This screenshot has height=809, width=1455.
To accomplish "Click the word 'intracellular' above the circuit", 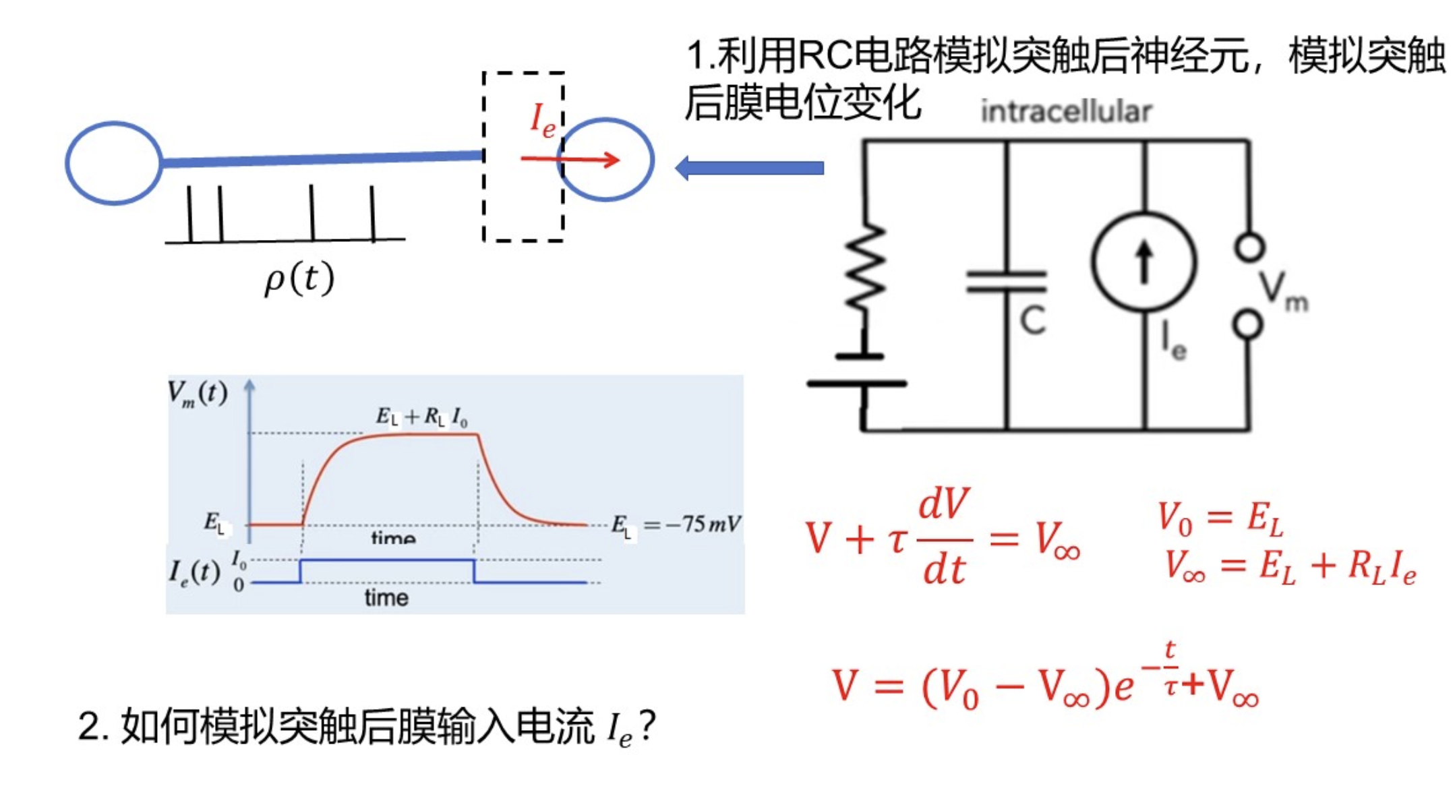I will (x=1065, y=112).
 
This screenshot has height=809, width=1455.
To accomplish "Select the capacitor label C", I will (x=1032, y=321).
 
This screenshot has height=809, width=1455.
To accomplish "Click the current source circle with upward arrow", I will (x=1144, y=262).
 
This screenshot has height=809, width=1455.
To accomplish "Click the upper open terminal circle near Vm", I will (x=1249, y=247).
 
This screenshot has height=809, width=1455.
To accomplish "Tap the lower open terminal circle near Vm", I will (x=1248, y=324).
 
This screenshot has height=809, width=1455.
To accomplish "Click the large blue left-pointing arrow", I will (x=749, y=168).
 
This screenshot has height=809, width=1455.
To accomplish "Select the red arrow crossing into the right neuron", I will (x=570, y=160).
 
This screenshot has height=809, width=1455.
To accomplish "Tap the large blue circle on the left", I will (x=113, y=162).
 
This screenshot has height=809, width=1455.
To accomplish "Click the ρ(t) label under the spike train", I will (x=299, y=278).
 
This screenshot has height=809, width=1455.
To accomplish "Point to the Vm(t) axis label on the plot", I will (x=197, y=393).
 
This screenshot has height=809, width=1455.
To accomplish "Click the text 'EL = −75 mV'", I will (x=675, y=525).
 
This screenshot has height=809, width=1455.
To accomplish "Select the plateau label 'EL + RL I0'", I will (x=421, y=417).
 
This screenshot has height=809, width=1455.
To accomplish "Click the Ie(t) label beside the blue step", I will (x=194, y=572).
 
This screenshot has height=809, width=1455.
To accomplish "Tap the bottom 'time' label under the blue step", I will (x=386, y=597).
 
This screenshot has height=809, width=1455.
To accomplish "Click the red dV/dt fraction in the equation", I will (x=944, y=537).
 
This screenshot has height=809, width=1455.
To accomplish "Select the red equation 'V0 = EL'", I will (x=1220, y=518).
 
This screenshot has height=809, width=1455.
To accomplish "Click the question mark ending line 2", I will (x=647, y=727).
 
